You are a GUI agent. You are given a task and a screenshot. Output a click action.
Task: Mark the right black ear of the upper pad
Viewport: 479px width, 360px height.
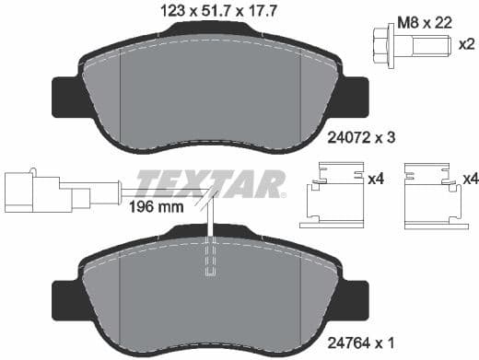pyautogui.click(x=356, y=95)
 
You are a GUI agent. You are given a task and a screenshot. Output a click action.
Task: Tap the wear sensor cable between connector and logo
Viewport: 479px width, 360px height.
pyautogui.click(x=104, y=192)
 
